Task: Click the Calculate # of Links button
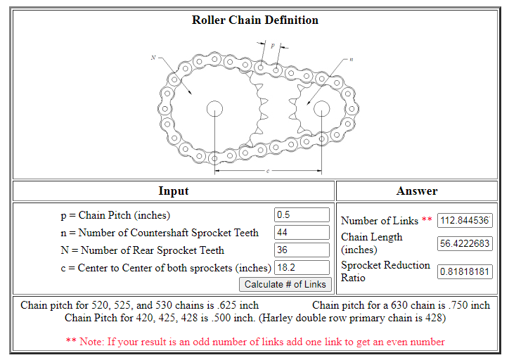[285, 284]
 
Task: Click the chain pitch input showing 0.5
[302, 215]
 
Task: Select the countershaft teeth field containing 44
[302, 233]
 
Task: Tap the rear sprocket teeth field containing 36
[302, 250]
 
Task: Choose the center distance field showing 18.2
[302, 268]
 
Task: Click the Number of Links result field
[465, 221]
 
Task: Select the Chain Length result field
[465, 244]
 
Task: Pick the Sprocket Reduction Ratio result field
[465, 272]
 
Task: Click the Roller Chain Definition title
[254, 20]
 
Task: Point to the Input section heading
[174, 191]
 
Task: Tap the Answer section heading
[417, 191]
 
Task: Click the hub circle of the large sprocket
[214, 108]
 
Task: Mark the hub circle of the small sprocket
[321, 108]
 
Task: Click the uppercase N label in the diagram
[153, 57]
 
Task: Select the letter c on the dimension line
[268, 171]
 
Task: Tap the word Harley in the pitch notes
[299, 318]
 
